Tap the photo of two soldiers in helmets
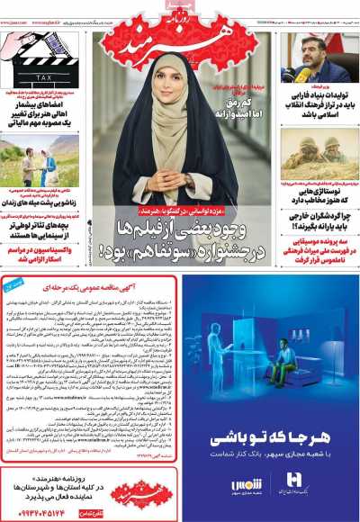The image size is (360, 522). pos(319,149)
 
